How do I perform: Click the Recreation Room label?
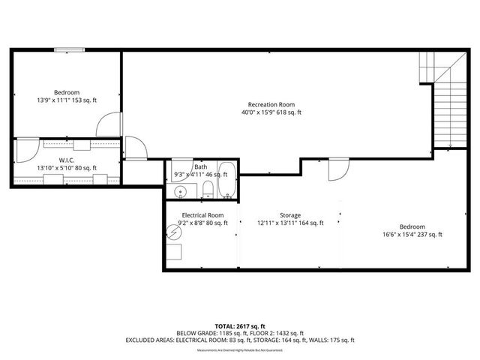pyautogui.click(x=271, y=104)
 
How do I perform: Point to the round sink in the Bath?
pyautogui.click(x=180, y=192)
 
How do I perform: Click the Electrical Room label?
pyautogui.click(x=202, y=214)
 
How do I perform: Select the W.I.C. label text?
pyautogui.click(x=65, y=160)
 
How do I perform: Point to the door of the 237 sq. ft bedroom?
pyautogui.click(x=338, y=168)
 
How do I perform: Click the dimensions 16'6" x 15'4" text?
pyautogui.click(x=412, y=235)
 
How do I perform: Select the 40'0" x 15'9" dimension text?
pyautogui.click(x=271, y=113)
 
